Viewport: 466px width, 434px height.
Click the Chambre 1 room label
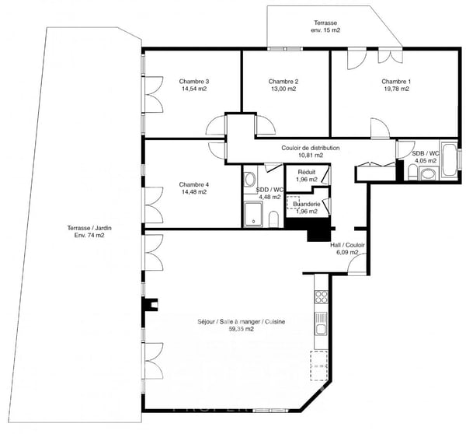[x=395, y=82]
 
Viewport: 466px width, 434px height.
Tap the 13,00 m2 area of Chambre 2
[x=283, y=89]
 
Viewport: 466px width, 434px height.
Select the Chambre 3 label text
[x=194, y=82]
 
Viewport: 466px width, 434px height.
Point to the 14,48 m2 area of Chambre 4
[x=193, y=192]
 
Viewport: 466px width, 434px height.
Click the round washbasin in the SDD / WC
[x=250, y=177]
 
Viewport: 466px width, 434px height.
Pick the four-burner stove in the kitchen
[x=320, y=297]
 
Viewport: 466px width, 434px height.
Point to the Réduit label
[x=305, y=173]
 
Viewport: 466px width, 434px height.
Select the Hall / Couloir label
[x=347, y=244]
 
